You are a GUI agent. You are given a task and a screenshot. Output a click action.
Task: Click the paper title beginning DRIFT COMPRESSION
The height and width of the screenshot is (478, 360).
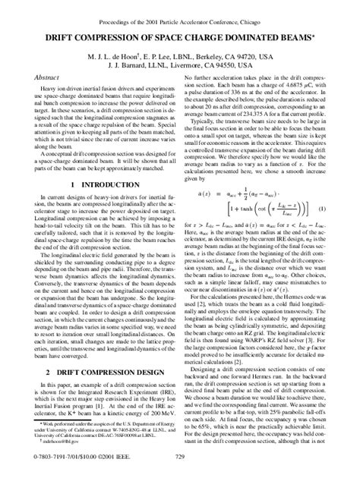(180, 36)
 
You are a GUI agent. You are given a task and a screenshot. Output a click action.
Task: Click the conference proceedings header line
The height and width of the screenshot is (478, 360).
(180, 13)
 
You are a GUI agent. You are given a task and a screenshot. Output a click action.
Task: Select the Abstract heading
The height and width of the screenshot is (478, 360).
(47, 78)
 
